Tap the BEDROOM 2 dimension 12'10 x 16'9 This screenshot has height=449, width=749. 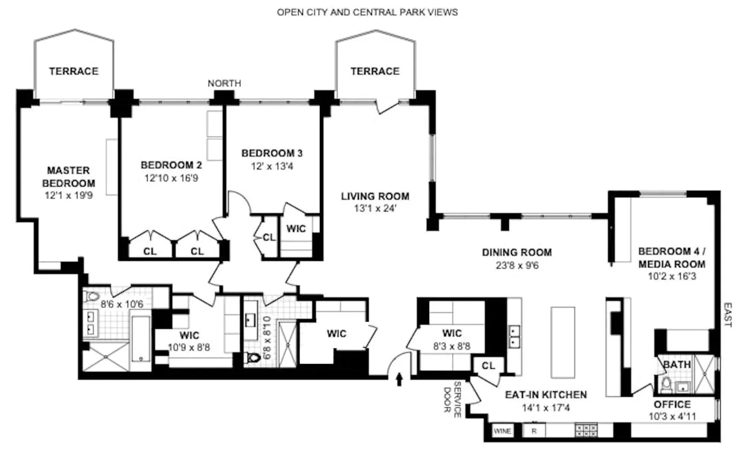pyautogui.click(x=171, y=177)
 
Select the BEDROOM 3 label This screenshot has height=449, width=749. pyautogui.click(x=272, y=153)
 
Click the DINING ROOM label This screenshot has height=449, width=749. pyautogui.click(x=517, y=253)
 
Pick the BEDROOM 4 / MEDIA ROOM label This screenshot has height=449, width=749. pyautogui.click(x=671, y=257)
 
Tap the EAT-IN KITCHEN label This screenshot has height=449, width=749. pyautogui.click(x=546, y=395)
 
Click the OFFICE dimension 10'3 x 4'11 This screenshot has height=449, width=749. pyautogui.click(x=672, y=416)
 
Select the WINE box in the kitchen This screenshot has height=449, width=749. pyautogui.click(x=502, y=430)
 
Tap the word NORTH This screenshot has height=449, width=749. pyautogui.click(x=224, y=83)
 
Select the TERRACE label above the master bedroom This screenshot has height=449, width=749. pyautogui.click(x=74, y=71)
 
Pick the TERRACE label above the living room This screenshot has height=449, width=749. pyautogui.click(x=375, y=71)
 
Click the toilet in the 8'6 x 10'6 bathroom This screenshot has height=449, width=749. pyautogui.click(x=93, y=297)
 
